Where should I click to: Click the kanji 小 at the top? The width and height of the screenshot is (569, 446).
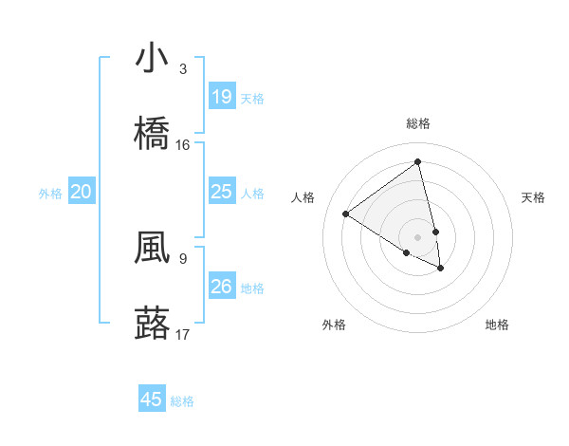[152, 59]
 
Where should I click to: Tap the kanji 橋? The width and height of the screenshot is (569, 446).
[152, 134]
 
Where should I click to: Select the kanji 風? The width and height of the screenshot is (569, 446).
[152, 248]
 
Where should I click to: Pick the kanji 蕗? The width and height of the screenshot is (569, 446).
[152, 324]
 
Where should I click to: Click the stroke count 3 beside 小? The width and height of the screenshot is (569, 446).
[182, 68]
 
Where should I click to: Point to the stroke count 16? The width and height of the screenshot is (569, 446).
[183, 144]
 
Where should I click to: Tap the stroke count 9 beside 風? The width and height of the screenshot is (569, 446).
[182, 257]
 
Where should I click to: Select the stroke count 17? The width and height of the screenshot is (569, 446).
[183, 334]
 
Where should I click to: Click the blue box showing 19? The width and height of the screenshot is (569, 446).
[221, 96]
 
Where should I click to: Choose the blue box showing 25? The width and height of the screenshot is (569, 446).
[221, 192]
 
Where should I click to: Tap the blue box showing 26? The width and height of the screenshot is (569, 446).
[221, 286]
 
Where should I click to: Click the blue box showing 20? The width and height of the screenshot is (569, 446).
[81, 192]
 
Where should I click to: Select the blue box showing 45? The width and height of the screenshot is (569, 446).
[152, 400]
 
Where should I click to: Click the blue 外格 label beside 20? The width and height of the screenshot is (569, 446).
[50, 194]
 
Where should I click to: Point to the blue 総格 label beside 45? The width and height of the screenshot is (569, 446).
[182, 401]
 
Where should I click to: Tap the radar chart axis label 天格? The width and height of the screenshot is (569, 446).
[533, 197]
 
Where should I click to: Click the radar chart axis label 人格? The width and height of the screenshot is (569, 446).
[303, 197]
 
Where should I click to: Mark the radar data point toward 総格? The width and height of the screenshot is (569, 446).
[417, 161]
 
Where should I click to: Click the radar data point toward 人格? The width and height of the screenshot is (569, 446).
[346, 214]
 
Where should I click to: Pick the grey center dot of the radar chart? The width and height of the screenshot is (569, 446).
[417, 236]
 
